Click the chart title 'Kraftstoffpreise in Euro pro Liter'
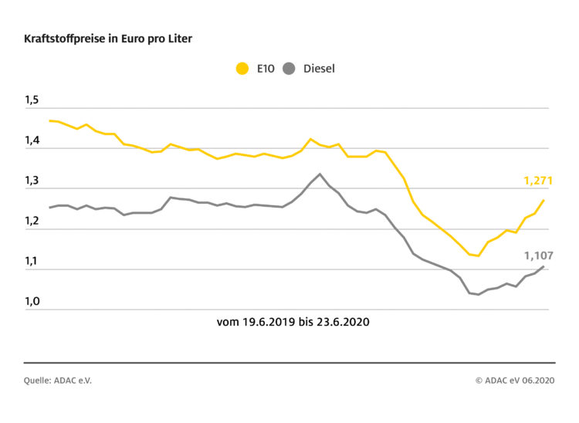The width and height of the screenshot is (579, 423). [x=108, y=38]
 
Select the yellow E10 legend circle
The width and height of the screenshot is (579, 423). [x=242, y=69]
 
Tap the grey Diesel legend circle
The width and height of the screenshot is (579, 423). [x=289, y=69]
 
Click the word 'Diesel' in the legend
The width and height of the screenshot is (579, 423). [x=319, y=69]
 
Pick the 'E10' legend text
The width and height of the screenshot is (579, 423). [x=265, y=69]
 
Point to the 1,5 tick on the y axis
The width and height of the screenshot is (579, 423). [x=32, y=100]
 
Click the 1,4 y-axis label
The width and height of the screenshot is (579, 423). [x=32, y=140]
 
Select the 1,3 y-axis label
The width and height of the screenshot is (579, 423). [x=32, y=181]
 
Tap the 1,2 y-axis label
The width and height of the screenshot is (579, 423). [x=32, y=221]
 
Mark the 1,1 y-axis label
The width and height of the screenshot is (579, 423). [x=32, y=261]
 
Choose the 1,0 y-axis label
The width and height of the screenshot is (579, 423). [x=32, y=301]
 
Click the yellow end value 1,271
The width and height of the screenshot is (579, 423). [x=538, y=181]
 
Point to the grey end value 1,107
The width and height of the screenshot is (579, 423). [x=538, y=255]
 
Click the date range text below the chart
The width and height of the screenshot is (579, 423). [x=293, y=322]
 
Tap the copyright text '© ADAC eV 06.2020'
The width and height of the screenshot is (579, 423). [x=515, y=380]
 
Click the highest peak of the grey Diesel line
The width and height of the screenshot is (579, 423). [x=320, y=174]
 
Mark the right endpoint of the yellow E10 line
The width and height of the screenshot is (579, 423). [x=544, y=200]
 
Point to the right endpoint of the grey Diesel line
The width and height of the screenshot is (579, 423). [x=544, y=266]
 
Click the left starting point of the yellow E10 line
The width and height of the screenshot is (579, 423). [x=49, y=120]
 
